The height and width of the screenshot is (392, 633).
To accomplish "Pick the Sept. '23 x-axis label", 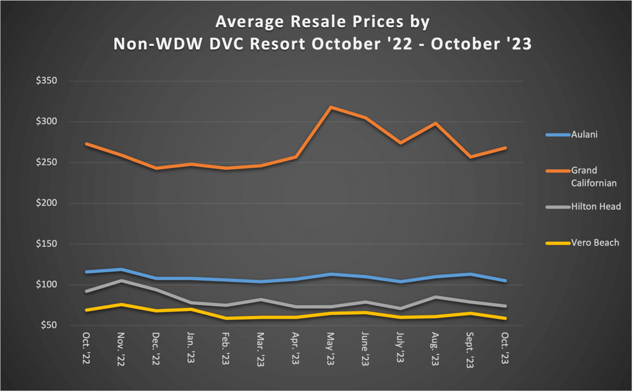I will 470,351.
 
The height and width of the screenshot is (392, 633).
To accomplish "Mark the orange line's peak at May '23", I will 331,107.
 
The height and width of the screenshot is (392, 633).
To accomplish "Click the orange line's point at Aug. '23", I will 436,123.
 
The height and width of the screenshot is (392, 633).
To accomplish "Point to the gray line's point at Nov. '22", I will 122,280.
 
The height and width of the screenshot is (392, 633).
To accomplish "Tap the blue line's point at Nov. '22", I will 122,269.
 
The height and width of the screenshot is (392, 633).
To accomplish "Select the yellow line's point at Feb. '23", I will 226,319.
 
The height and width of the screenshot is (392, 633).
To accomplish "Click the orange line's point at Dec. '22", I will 156,168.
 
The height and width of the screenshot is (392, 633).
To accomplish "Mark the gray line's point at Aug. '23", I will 436,297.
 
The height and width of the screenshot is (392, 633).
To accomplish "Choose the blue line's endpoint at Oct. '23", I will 506,281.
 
